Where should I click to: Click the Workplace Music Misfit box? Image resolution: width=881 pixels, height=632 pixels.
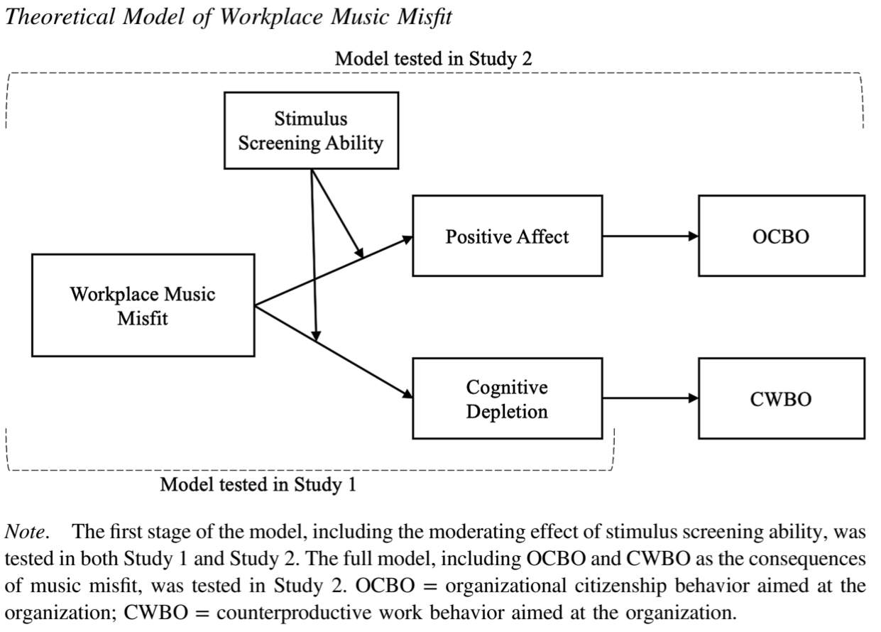143,305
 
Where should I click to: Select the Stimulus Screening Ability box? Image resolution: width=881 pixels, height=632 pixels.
310,131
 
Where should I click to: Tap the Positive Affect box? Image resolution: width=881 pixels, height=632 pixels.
507,236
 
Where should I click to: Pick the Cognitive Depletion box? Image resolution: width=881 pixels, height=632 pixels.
507,399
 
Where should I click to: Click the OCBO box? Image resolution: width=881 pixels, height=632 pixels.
781,236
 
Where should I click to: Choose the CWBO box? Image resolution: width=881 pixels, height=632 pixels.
781,399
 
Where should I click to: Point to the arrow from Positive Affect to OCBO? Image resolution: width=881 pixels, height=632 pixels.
650,236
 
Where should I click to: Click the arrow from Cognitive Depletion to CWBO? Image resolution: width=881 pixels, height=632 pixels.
650,399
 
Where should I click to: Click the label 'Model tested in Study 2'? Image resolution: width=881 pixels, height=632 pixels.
433,59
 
